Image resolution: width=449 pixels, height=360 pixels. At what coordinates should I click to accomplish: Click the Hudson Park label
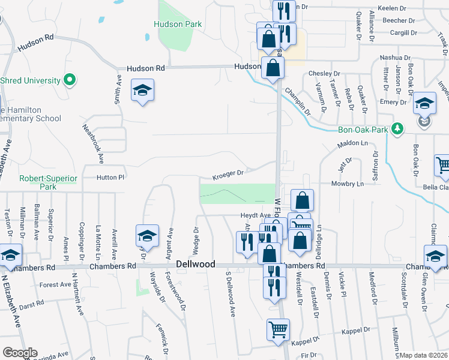(177, 24)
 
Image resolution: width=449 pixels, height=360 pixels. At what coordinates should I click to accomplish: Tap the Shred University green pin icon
(70, 79)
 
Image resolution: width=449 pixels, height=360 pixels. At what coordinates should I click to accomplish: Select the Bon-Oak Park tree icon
(396, 128)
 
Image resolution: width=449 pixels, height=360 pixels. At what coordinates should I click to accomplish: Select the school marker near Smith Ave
(142, 91)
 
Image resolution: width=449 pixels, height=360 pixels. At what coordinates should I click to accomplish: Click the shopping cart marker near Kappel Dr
(278, 329)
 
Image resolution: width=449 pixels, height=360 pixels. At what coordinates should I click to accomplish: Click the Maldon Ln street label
(352, 144)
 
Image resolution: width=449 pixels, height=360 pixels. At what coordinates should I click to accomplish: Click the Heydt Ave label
(256, 215)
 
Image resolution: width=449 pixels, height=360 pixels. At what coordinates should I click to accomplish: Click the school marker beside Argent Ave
(146, 236)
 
